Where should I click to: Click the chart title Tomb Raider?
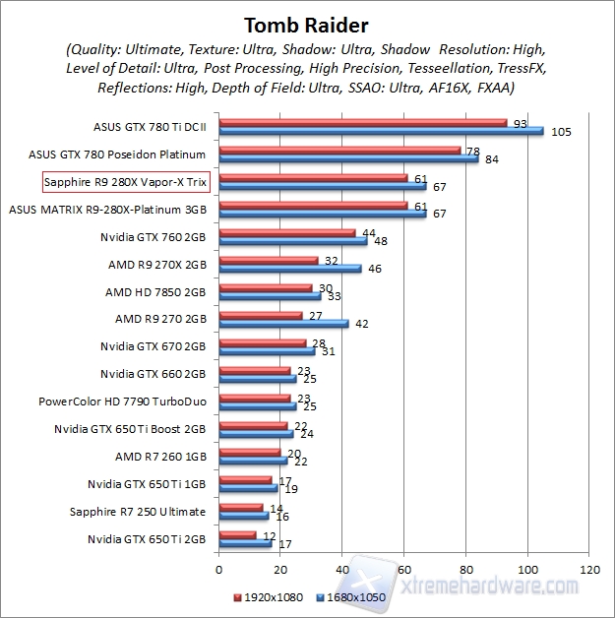coord(306,23)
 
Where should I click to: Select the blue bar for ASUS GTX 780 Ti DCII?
coord(380,131)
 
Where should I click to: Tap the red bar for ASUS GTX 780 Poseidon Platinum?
coord(339,151)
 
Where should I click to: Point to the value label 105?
coord(561,132)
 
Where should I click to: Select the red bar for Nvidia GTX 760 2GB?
coord(286,233)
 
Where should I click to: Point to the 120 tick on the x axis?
coord(590,570)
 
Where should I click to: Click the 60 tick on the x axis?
coord(404,570)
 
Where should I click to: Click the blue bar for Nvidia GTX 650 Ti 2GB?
coord(245,543)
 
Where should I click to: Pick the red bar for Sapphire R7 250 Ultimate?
coord(240,508)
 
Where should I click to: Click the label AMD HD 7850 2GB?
coord(155,292)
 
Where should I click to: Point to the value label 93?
coord(521,123)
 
